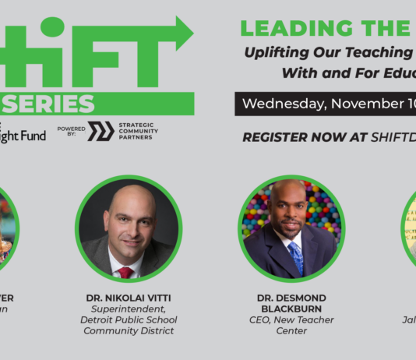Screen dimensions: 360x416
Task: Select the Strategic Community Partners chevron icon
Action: pos(100,131)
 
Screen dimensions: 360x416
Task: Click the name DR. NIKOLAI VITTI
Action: pos(129,298)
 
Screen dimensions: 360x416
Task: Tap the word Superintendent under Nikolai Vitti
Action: pos(129,309)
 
